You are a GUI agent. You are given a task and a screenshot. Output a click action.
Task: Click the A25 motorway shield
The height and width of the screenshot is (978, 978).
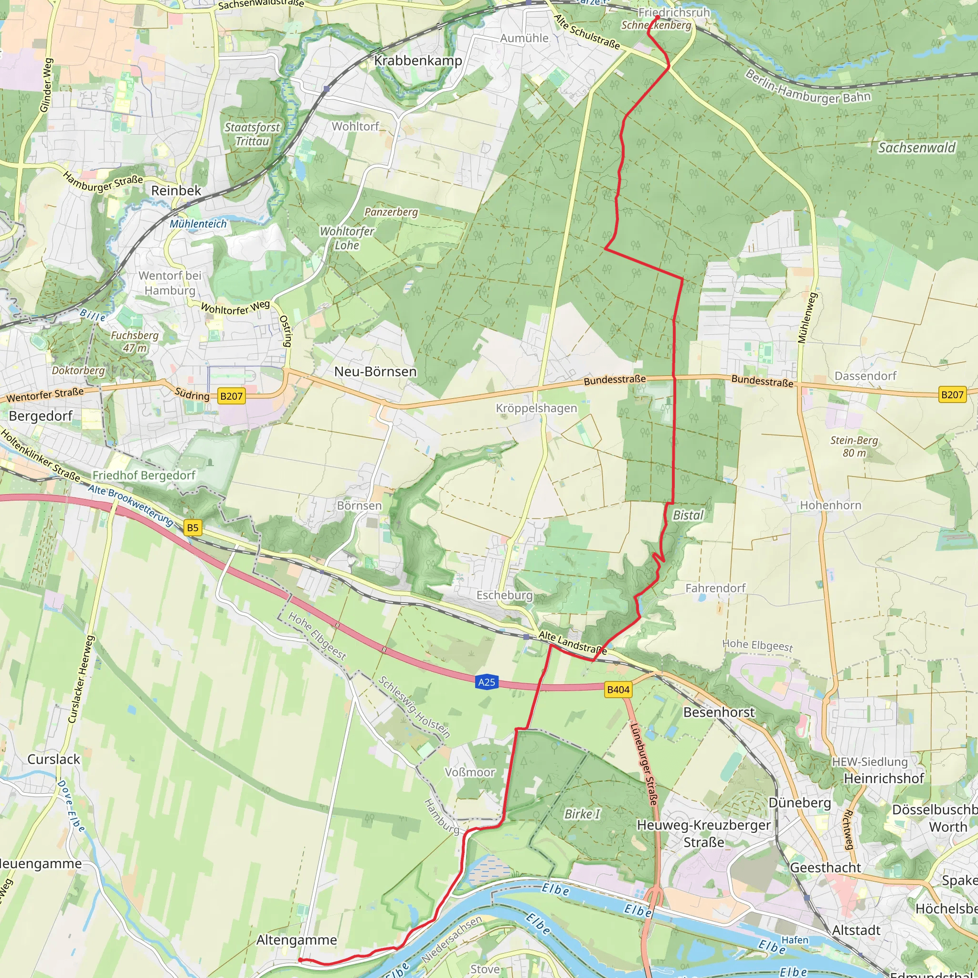pos(487,682)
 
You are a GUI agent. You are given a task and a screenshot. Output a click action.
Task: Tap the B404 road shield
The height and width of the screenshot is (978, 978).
pos(618,690)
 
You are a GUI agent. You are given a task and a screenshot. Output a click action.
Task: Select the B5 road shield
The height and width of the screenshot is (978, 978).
pos(193,528)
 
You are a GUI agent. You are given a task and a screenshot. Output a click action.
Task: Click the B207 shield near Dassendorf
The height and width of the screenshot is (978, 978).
pos(952,395)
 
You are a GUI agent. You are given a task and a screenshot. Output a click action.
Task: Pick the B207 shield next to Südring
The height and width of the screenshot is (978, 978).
pos(231,396)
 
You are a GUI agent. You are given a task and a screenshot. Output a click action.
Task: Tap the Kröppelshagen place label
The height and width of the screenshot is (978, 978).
pos(536,408)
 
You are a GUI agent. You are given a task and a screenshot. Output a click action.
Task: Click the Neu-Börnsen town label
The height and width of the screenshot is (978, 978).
pos(375,372)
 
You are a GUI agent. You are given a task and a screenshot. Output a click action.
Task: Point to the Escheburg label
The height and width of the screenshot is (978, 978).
pos(504,595)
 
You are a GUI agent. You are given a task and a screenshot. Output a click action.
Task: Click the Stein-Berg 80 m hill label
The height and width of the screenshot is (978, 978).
pos(854,446)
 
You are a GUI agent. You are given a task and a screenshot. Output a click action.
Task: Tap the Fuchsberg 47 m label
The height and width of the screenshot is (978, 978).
pos(135,341)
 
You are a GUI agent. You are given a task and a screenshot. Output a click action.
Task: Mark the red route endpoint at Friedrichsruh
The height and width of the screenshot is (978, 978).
pos(657,17)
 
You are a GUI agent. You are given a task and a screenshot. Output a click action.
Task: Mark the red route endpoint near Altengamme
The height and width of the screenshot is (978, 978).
pos(300,960)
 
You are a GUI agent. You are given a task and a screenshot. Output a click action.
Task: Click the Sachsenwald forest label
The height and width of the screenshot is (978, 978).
pos(917,148)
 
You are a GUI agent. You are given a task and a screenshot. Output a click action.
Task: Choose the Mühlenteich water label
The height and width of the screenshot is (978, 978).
pos(198,224)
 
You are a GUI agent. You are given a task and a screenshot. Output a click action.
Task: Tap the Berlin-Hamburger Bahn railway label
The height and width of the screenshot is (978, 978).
pos(808,87)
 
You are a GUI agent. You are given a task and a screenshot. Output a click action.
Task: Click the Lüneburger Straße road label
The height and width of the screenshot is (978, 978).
pos(643,765)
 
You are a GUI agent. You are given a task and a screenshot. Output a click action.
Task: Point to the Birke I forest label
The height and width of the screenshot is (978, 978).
pos(582,814)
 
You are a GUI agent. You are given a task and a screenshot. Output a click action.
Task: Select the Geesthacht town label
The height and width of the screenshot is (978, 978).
pos(825,868)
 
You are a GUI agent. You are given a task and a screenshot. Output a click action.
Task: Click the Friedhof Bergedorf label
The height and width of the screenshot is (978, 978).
pos(144,475)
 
